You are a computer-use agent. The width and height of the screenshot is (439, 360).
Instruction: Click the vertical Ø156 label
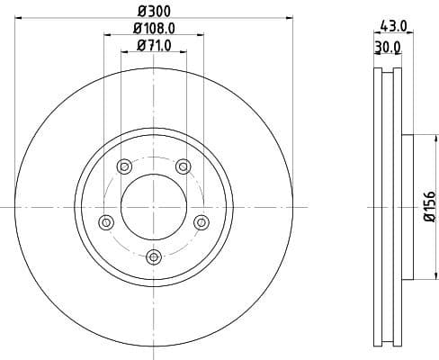(429, 207)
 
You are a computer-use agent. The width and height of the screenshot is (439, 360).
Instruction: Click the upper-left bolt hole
(124, 165)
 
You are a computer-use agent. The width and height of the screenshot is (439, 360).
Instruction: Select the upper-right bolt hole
(184, 165)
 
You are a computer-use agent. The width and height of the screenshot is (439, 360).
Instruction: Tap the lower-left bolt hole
(106, 220)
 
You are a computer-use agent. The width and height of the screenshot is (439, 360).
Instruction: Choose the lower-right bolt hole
(202, 220)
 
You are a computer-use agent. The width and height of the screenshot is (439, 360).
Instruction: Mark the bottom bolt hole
(154, 256)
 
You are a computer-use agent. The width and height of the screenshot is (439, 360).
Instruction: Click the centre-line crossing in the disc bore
(154, 206)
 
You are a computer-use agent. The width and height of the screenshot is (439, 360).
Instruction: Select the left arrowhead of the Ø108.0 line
(107, 35)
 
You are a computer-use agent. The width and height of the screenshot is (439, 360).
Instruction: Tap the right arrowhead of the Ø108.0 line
(202, 35)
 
